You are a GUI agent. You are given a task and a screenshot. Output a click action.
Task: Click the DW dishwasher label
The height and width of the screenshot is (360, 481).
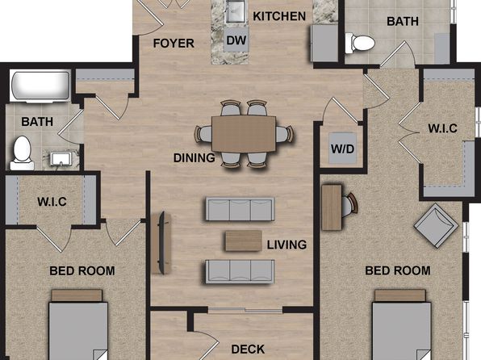point(236,40)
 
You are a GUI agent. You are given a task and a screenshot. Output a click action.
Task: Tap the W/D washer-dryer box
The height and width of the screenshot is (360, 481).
point(343,149)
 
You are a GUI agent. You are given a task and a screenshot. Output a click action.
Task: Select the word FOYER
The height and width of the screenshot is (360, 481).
point(174,44)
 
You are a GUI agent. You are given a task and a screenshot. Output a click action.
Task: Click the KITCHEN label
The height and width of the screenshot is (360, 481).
point(279,16)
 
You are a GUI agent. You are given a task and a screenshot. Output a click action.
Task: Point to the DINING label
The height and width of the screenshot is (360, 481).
point(194,157)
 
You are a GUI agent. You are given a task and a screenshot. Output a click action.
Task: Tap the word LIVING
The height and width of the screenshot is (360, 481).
point(287,245)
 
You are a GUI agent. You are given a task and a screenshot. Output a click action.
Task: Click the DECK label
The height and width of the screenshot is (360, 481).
point(248,349)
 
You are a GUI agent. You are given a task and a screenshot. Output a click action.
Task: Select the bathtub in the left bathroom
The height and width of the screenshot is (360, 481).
point(40,86)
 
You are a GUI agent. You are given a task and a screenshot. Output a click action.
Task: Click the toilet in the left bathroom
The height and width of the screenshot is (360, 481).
point(22,153)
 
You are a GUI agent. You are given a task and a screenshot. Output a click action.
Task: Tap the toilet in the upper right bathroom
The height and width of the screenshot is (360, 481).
point(360,43)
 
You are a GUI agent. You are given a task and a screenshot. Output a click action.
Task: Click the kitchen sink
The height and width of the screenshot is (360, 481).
point(236,11)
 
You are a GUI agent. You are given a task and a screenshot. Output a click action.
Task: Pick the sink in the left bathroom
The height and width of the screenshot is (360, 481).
point(61,159)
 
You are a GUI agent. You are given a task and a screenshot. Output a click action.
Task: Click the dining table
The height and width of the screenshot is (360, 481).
point(244,134)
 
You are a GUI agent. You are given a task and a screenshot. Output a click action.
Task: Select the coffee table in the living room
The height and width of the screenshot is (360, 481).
point(244,241)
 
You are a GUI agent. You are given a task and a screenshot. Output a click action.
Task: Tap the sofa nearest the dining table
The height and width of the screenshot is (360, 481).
point(240,209)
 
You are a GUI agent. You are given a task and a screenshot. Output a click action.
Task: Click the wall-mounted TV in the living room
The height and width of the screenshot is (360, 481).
point(161,242)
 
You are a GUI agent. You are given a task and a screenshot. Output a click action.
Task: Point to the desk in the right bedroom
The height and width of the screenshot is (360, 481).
point(332,207)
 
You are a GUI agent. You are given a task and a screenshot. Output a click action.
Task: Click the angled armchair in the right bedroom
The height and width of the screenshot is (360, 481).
point(436,225)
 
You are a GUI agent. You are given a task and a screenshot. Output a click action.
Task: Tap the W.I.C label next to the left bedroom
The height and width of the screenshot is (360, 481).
point(52,202)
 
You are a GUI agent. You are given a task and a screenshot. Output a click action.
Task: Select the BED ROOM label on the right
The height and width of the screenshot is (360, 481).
point(398,270)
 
